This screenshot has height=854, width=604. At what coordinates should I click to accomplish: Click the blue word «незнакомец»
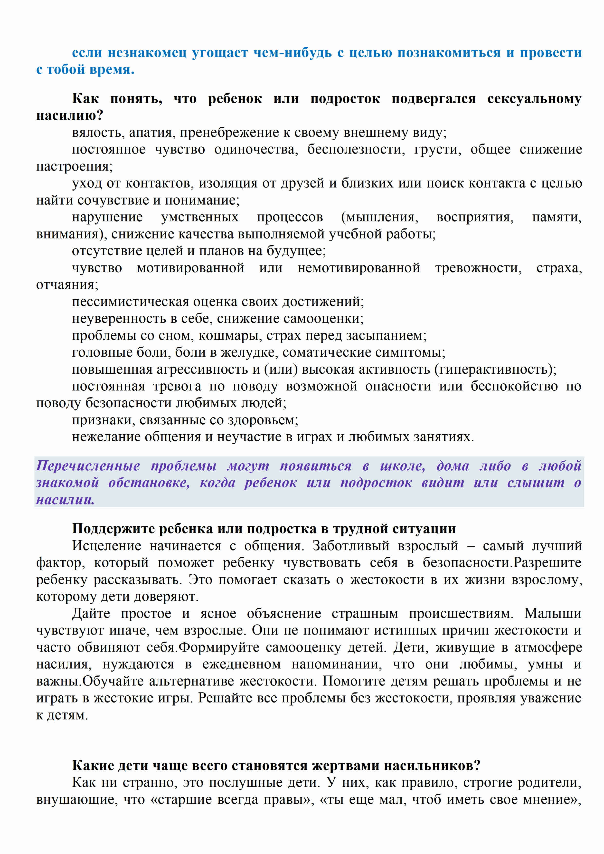pyautogui.click(x=147, y=53)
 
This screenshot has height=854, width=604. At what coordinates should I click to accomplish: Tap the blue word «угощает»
pyautogui.click(x=220, y=53)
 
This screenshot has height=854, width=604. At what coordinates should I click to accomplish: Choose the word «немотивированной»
pyautogui.click(x=359, y=268)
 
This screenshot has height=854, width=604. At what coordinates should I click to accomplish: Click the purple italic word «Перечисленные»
pyautogui.click(x=88, y=466)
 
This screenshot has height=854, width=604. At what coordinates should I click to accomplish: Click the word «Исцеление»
pyautogui.click(x=106, y=546)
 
